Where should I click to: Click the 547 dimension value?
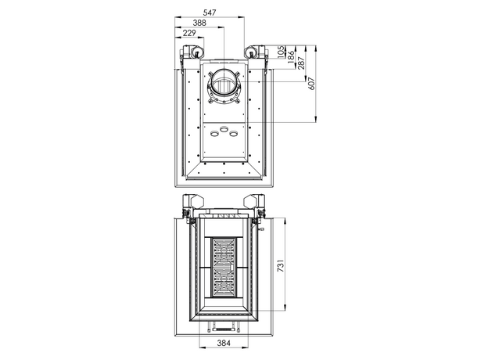pyautogui.click(x=210, y=13)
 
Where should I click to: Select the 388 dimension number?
pyautogui.click(x=199, y=23)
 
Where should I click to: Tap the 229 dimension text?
pyautogui.click(x=189, y=33)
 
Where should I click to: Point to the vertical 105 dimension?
pyautogui.click(x=281, y=52)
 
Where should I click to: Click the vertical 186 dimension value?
pyautogui.click(x=291, y=57)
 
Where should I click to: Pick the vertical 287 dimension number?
pyautogui.click(x=301, y=63)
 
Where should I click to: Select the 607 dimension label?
pyautogui.click(x=311, y=84)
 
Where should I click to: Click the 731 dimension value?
pyautogui.click(x=281, y=265)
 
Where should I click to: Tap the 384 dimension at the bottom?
pyautogui.click(x=224, y=343)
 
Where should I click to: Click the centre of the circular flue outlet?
pyautogui.click(x=224, y=84)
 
